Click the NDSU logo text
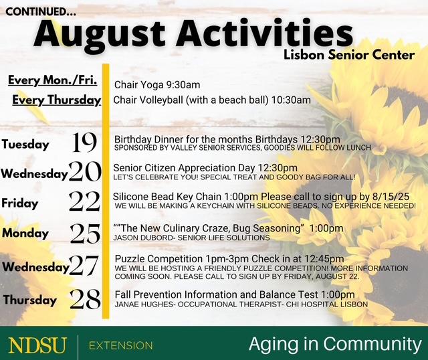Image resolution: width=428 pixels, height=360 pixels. (37, 345)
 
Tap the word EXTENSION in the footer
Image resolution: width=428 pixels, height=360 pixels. (120, 345)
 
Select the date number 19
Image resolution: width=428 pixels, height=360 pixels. (84, 143)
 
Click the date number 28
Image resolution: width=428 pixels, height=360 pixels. (85, 299)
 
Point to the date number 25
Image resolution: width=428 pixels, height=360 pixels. (85, 234)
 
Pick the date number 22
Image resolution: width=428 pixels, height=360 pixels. (84, 201)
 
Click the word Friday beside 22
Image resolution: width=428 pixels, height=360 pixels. (19, 203)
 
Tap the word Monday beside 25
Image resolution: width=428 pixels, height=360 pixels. (25, 234)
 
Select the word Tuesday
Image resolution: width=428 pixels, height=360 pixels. (25, 145)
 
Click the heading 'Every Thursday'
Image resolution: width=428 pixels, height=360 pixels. (57, 100)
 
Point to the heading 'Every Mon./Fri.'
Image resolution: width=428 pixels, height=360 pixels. (53, 80)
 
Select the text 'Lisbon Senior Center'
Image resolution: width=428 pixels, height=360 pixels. (349, 55)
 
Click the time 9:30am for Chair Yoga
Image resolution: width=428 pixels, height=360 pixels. (183, 85)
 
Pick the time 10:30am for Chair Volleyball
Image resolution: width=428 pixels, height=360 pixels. (291, 100)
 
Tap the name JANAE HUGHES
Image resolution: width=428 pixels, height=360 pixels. (144, 304)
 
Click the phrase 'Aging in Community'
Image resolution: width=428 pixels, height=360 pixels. (336, 345)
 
